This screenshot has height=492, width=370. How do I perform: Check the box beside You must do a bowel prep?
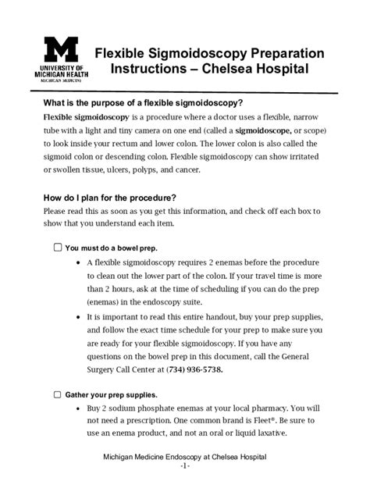(57, 247)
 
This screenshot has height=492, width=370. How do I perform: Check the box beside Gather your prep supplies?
(57, 394)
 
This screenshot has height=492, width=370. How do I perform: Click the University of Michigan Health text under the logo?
(64, 73)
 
